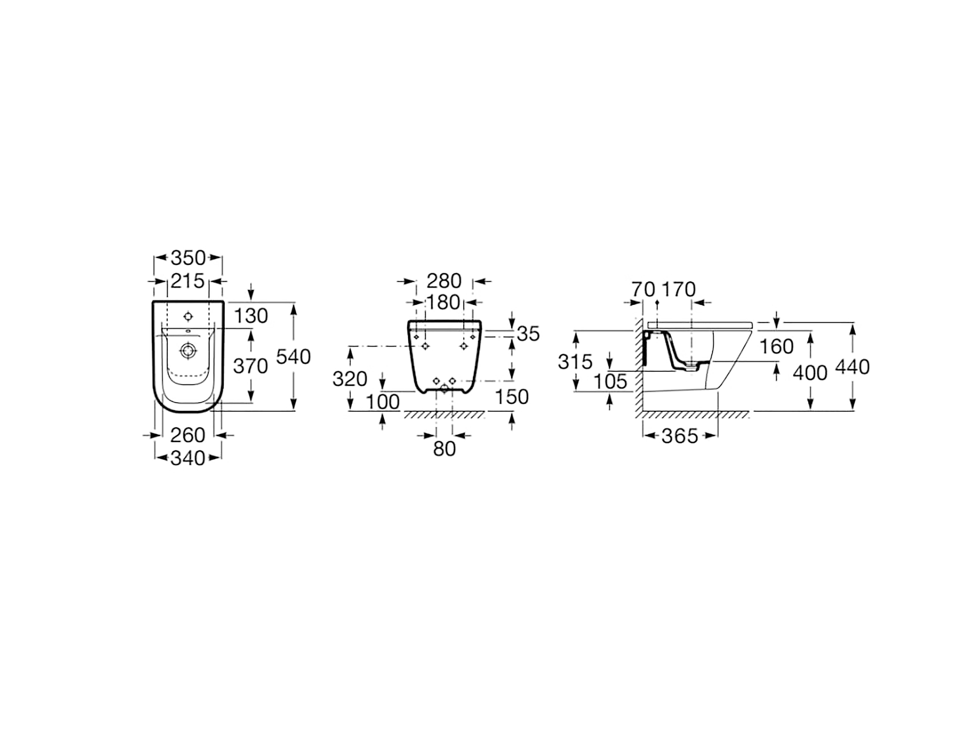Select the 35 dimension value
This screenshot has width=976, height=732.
click(x=528, y=334)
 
